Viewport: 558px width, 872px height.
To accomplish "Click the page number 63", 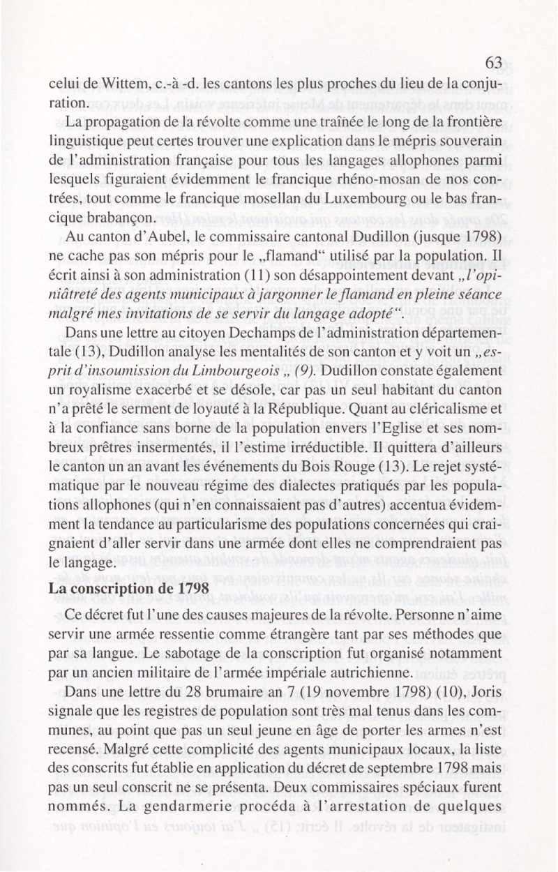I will pyautogui.click(x=493, y=63).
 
